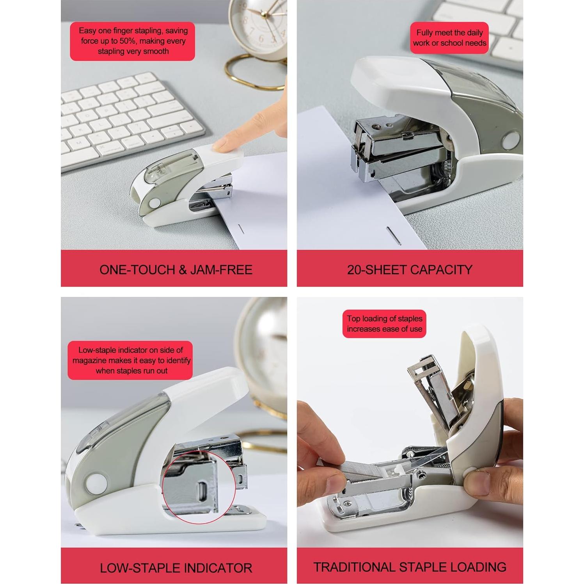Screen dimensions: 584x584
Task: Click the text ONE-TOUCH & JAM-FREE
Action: point(176,270)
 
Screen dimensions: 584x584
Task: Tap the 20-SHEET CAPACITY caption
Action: point(410,270)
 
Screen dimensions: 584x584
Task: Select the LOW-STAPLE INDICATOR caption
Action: point(176,568)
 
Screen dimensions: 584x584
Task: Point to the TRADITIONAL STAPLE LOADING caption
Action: point(410,567)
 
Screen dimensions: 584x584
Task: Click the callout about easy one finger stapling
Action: point(133,41)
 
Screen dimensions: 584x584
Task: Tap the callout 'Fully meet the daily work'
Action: point(449,38)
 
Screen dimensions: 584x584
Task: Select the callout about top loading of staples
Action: point(384,324)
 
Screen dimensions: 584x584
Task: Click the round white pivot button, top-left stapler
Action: point(155,203)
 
